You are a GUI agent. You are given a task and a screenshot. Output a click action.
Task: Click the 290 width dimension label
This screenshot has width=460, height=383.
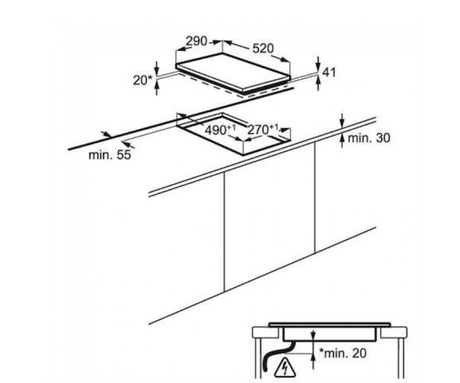pyautogui.click(x=197, y=41)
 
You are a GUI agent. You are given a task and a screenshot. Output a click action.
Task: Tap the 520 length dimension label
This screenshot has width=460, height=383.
pyautogui.click(x=263, y=48)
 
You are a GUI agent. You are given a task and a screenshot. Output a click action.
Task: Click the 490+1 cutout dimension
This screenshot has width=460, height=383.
pyautogui.click(x=220, y=130)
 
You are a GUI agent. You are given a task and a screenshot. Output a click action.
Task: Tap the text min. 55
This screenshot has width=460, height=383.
pyautogui.click(x=110, y=155)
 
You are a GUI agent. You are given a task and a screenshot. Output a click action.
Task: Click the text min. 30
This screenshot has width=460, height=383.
pyautogui.click(x=369, y=138)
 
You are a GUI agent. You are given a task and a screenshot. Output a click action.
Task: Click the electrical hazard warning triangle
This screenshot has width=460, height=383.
pyautogui.click(x=285, y=368)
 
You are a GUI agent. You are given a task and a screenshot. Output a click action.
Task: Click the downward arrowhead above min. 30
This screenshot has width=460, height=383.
pyautogui.click(x=342, y=124)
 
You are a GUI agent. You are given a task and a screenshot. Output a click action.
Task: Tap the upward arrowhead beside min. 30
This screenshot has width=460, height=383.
pyautogui.click(x=342, y=138)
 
